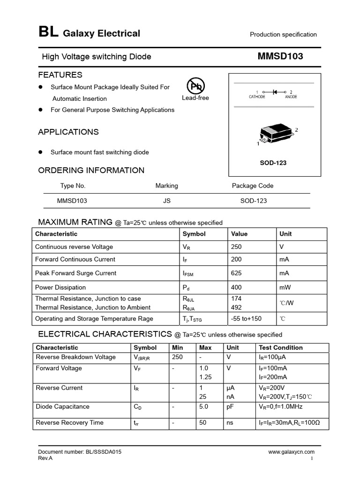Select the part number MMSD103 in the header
[280, 57]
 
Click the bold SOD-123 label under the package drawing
[273, 163]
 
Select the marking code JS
[166, 201]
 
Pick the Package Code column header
[252, 186]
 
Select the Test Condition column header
[280, 348]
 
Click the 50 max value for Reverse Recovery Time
[203, 423]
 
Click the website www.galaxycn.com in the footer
[291, 452]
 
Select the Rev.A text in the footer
[45, 458]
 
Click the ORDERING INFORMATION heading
[91, 171]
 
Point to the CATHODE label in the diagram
[257, 97]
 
